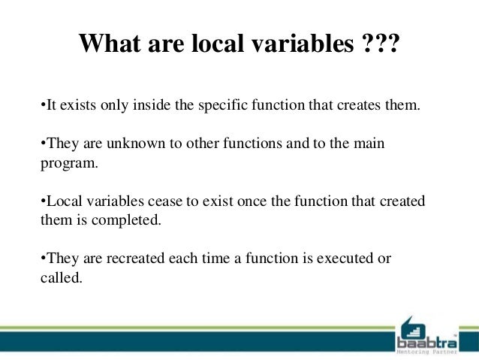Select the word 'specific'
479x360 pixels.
point(224,105)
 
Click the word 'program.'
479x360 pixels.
point(68,162)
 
